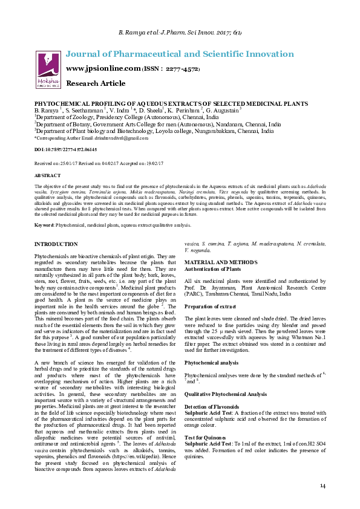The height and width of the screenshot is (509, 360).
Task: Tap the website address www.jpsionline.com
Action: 103,69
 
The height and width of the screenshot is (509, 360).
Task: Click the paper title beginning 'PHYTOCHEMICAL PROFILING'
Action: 171,105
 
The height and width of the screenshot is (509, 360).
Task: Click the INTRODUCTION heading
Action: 56,244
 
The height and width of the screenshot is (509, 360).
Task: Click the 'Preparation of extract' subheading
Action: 211,306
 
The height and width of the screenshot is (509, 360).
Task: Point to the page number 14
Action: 322,486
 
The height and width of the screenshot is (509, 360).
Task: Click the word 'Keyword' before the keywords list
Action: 44,225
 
